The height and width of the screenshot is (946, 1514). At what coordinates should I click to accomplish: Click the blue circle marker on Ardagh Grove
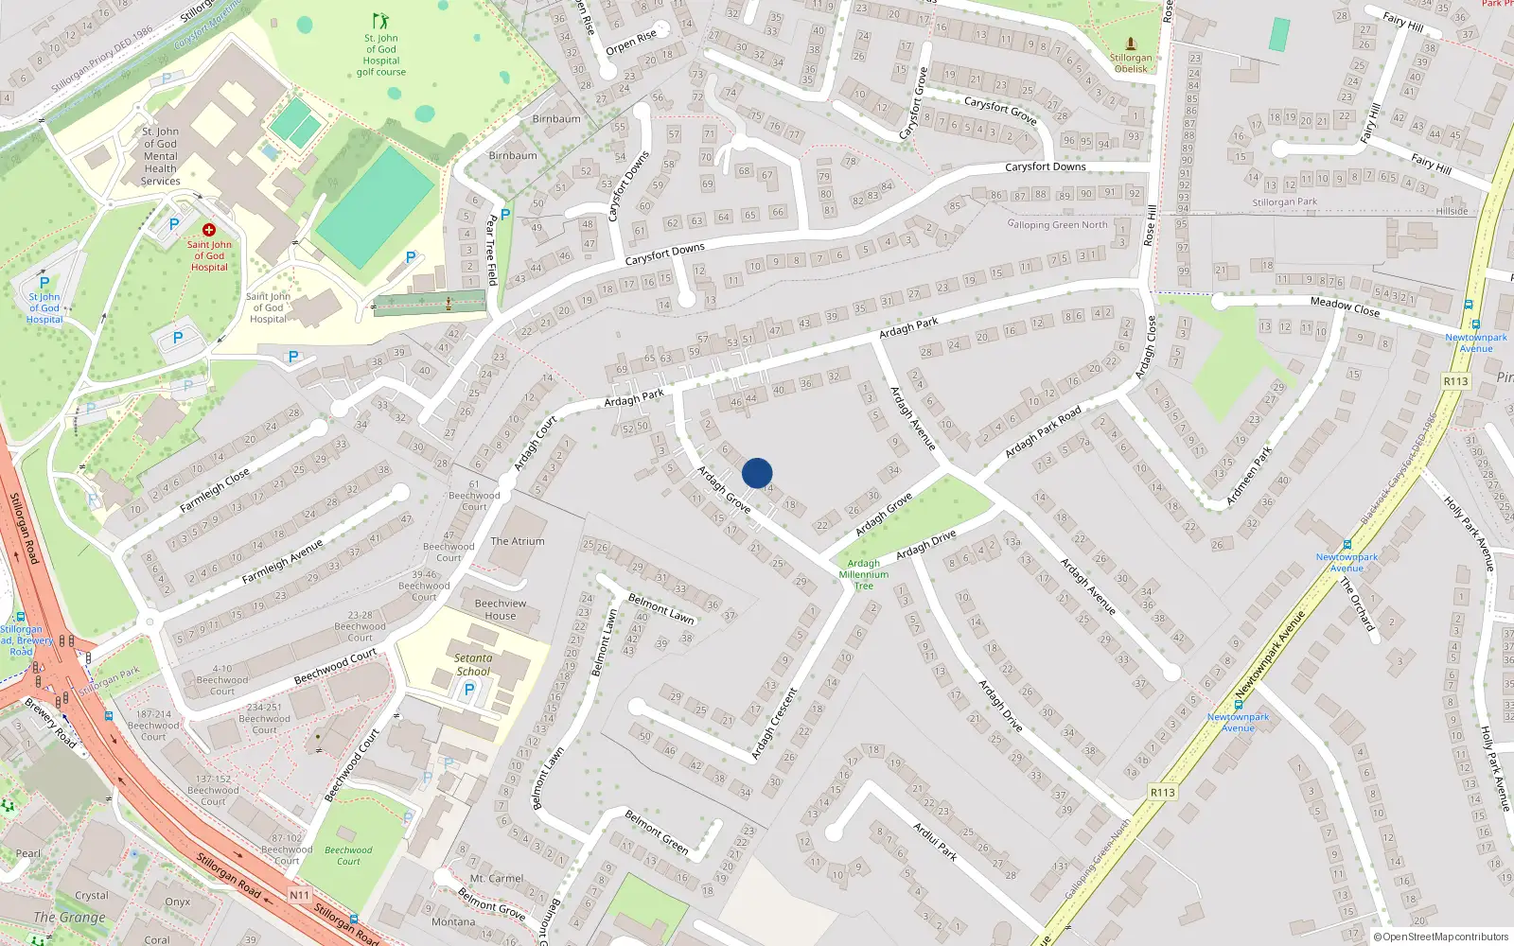point(757,473)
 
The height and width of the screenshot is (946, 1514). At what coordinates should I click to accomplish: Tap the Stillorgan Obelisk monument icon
point(1130,44)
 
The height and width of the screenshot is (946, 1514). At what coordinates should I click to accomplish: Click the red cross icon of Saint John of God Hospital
point(209,230)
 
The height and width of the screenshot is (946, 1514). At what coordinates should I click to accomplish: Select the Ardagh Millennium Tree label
point(863,574)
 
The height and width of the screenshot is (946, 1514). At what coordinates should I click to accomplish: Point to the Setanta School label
point(473,664)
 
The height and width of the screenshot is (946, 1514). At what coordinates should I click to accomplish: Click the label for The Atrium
point(518,541)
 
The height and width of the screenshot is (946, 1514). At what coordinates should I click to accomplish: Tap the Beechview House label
point(501,609)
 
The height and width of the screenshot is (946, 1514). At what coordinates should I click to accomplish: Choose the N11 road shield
point(299,895)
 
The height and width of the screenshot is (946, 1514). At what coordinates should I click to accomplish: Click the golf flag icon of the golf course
point(380,21)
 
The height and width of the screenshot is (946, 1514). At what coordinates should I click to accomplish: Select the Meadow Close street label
point(1345,307)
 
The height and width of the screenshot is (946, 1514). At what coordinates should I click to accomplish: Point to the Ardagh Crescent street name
point(774,724)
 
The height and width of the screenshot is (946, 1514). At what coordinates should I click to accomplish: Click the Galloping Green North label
point(1057,224)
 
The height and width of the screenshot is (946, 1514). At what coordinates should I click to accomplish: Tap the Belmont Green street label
point(656,832)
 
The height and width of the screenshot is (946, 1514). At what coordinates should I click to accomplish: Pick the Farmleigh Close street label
point(215,490)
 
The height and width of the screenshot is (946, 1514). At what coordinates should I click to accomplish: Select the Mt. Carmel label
point(497,878)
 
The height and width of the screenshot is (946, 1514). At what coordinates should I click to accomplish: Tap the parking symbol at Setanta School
point(468,691)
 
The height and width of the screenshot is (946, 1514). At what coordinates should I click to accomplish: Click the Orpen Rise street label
point(631,43)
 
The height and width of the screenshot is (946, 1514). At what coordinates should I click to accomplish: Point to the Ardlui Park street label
point(935,840)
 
